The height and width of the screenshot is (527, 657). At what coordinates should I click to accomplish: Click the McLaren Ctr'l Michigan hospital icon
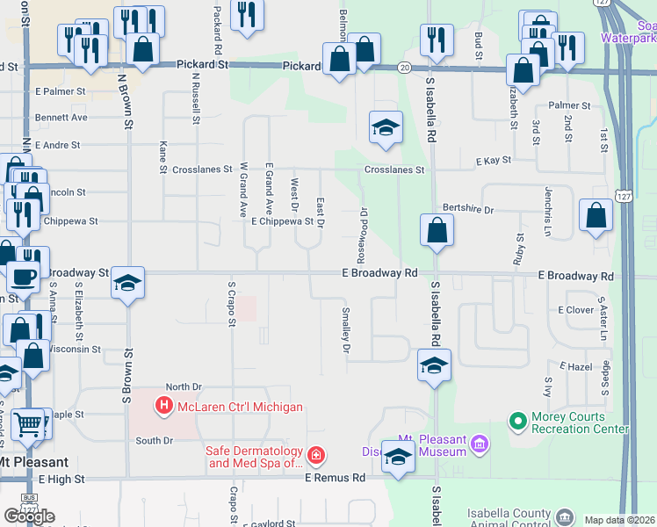point(162,406)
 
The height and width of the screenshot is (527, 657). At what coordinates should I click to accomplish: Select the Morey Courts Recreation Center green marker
point(517,422)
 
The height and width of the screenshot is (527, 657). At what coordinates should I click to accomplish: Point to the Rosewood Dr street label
point(363,227)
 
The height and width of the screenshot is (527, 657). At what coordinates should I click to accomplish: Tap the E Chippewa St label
point(282,221)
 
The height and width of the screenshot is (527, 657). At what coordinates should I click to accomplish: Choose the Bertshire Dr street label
point(469,210)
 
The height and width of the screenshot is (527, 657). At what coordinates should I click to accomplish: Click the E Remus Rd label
point(335,479)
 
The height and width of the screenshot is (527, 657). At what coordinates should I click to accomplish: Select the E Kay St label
point(494,162)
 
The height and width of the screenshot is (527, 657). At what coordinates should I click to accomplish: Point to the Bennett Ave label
point(61,117)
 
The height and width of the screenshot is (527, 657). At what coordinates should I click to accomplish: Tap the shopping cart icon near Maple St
point(29,423)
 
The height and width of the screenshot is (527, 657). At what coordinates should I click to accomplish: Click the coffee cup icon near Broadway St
point(24,276)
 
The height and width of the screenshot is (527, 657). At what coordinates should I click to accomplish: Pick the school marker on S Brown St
point(128,283)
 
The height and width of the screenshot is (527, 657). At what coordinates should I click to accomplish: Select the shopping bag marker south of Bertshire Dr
point(437,231)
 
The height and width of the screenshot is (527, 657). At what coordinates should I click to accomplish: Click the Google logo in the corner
point(29,516)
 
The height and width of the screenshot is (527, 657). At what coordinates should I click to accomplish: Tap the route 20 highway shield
point(404,67)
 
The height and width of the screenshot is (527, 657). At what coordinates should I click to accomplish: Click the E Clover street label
point(576,310)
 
